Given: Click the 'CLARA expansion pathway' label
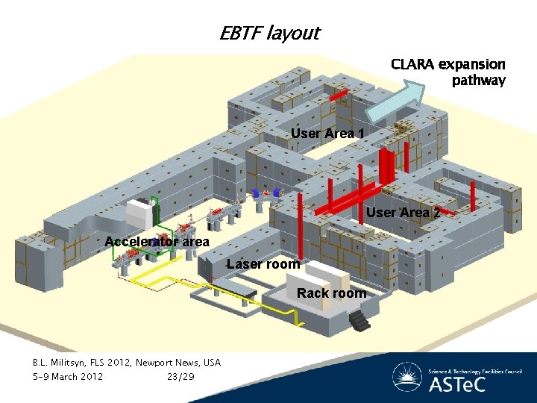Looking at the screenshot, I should [448, 72].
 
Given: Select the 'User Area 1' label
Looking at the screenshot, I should [327, 134].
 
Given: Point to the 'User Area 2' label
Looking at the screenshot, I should [398, 213].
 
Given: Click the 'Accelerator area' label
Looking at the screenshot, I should [157, 242].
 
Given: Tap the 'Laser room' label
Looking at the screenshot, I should [263, 264].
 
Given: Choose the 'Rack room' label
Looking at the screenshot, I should [332, 293].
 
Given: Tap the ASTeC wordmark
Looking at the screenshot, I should [456, 385].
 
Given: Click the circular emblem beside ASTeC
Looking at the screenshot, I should [406, 378].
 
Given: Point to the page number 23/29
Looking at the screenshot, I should [181, 376].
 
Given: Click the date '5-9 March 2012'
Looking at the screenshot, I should [68, 376].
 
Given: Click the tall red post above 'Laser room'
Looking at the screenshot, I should [299, 224].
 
